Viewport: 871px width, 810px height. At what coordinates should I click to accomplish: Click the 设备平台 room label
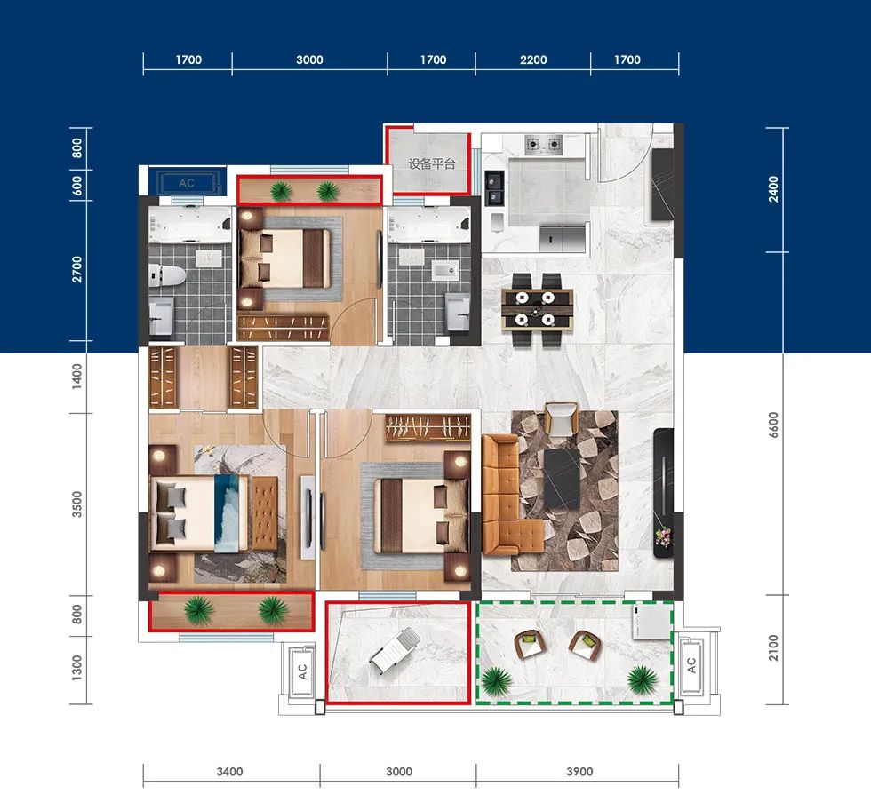(432, 163)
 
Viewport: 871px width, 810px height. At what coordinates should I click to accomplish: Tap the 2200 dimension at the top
(533, 60)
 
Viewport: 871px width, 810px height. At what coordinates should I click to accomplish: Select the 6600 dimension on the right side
(773, 425)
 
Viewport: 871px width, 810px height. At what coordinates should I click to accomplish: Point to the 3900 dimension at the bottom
(579, 772)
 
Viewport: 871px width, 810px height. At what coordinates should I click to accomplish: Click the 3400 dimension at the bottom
(229, 772)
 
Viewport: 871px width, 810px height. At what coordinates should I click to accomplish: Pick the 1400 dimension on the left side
(76, 377)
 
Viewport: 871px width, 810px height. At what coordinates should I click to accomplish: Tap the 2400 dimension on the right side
(773, 189)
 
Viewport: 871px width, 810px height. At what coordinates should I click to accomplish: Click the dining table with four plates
(537, 309)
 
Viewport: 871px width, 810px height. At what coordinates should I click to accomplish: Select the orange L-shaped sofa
(512, 495)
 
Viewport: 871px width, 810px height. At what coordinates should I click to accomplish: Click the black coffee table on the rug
(562, 479)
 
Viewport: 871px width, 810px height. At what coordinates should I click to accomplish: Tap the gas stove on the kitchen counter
(544, 145)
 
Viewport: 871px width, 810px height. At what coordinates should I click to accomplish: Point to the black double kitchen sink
(494, 188)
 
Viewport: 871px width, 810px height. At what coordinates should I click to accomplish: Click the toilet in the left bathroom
(167, 274)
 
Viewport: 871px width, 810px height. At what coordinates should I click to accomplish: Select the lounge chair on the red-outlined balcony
(394, 649)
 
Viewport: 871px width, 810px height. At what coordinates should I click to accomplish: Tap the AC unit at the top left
(186, 183)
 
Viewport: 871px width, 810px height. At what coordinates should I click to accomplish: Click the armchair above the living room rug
(562, 419)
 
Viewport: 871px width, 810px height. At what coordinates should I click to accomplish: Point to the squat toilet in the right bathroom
(445, 270)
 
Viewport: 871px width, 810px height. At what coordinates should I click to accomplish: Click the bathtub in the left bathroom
(189, 225)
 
